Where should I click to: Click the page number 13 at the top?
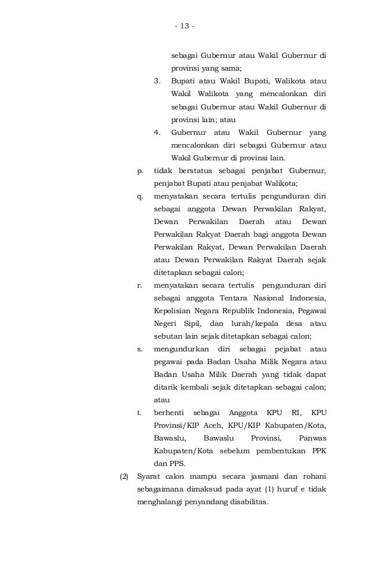pyautogui.click(x=184, y=26)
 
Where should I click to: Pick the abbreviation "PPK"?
pyautogui.click(x=317, y=451)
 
